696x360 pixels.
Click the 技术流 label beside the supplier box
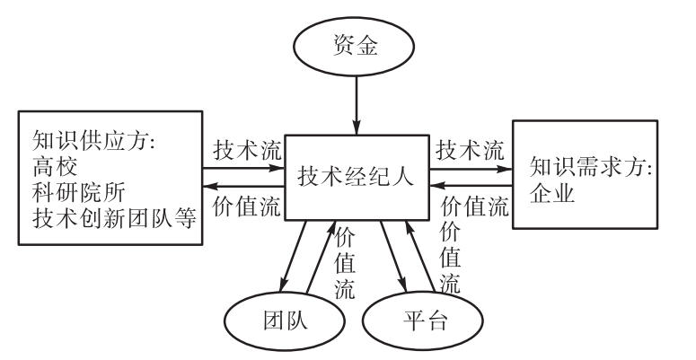[247, 151]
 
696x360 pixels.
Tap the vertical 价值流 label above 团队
[344, 265]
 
